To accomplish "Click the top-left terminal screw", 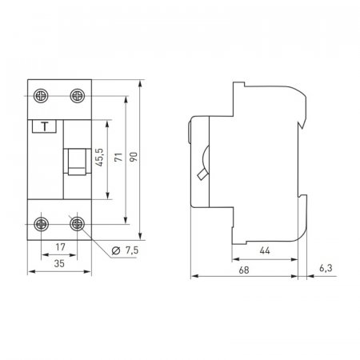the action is [x=41, y=96].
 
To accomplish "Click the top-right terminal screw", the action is [x=78, y=96].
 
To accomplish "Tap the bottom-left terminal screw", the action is [x=42, y=224].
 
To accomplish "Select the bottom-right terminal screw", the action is [x=78, y=224].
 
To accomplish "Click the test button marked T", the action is [x=44, y=126].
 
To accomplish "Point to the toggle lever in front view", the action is [x=77, y=162].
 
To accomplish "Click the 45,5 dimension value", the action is [x=99, y=158].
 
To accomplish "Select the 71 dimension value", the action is [x=118, y=157].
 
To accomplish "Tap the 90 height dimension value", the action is [x=134, y=157].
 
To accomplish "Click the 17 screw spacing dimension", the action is [x=61, y=247].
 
